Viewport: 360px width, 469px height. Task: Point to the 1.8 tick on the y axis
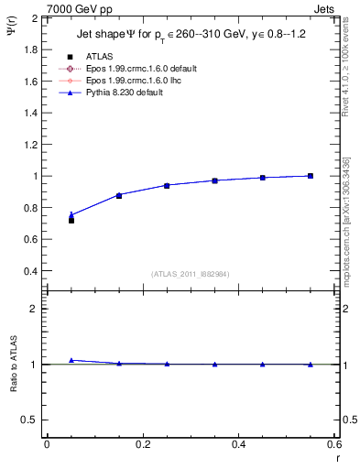tap(31, 49)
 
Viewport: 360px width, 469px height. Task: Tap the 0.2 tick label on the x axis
tap(142, 444)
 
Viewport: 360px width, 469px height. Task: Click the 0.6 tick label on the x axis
tap(334, 444)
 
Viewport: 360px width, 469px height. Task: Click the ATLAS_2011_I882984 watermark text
tap(189, 274)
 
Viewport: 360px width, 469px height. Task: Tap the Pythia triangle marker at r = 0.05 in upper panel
tap(71, 215)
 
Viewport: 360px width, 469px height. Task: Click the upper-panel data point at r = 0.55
tap(311, 176)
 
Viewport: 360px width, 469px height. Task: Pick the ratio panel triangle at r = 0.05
tap(71, 360)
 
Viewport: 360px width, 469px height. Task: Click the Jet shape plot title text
tap(190, 36)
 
